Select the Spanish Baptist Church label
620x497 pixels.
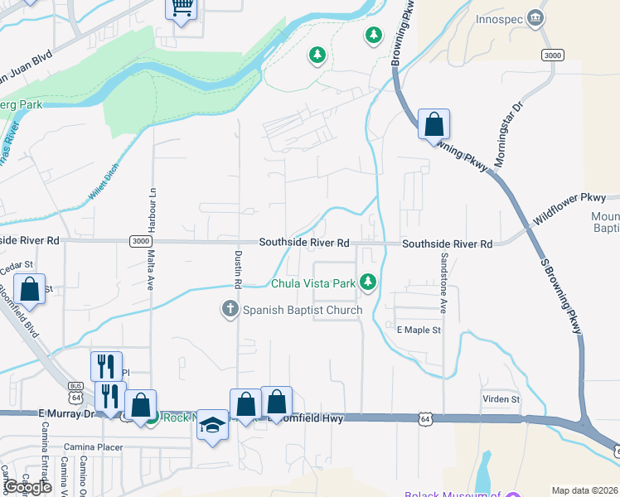[x=303, y=311]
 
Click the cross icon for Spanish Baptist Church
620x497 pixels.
[x=230, y=310]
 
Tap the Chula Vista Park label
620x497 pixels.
[x=313, y=283]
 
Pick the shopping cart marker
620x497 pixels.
[x=182, y=9]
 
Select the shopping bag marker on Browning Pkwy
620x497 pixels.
[x=434, y=125]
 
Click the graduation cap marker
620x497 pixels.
[x=213, y=426]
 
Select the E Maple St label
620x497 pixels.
[x=419, y=330]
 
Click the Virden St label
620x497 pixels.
[x=501, y=398]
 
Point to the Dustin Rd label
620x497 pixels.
[x=238, y=268]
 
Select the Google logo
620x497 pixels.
[x=27, y=487]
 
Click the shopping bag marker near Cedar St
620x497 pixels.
[x=30, y=291]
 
